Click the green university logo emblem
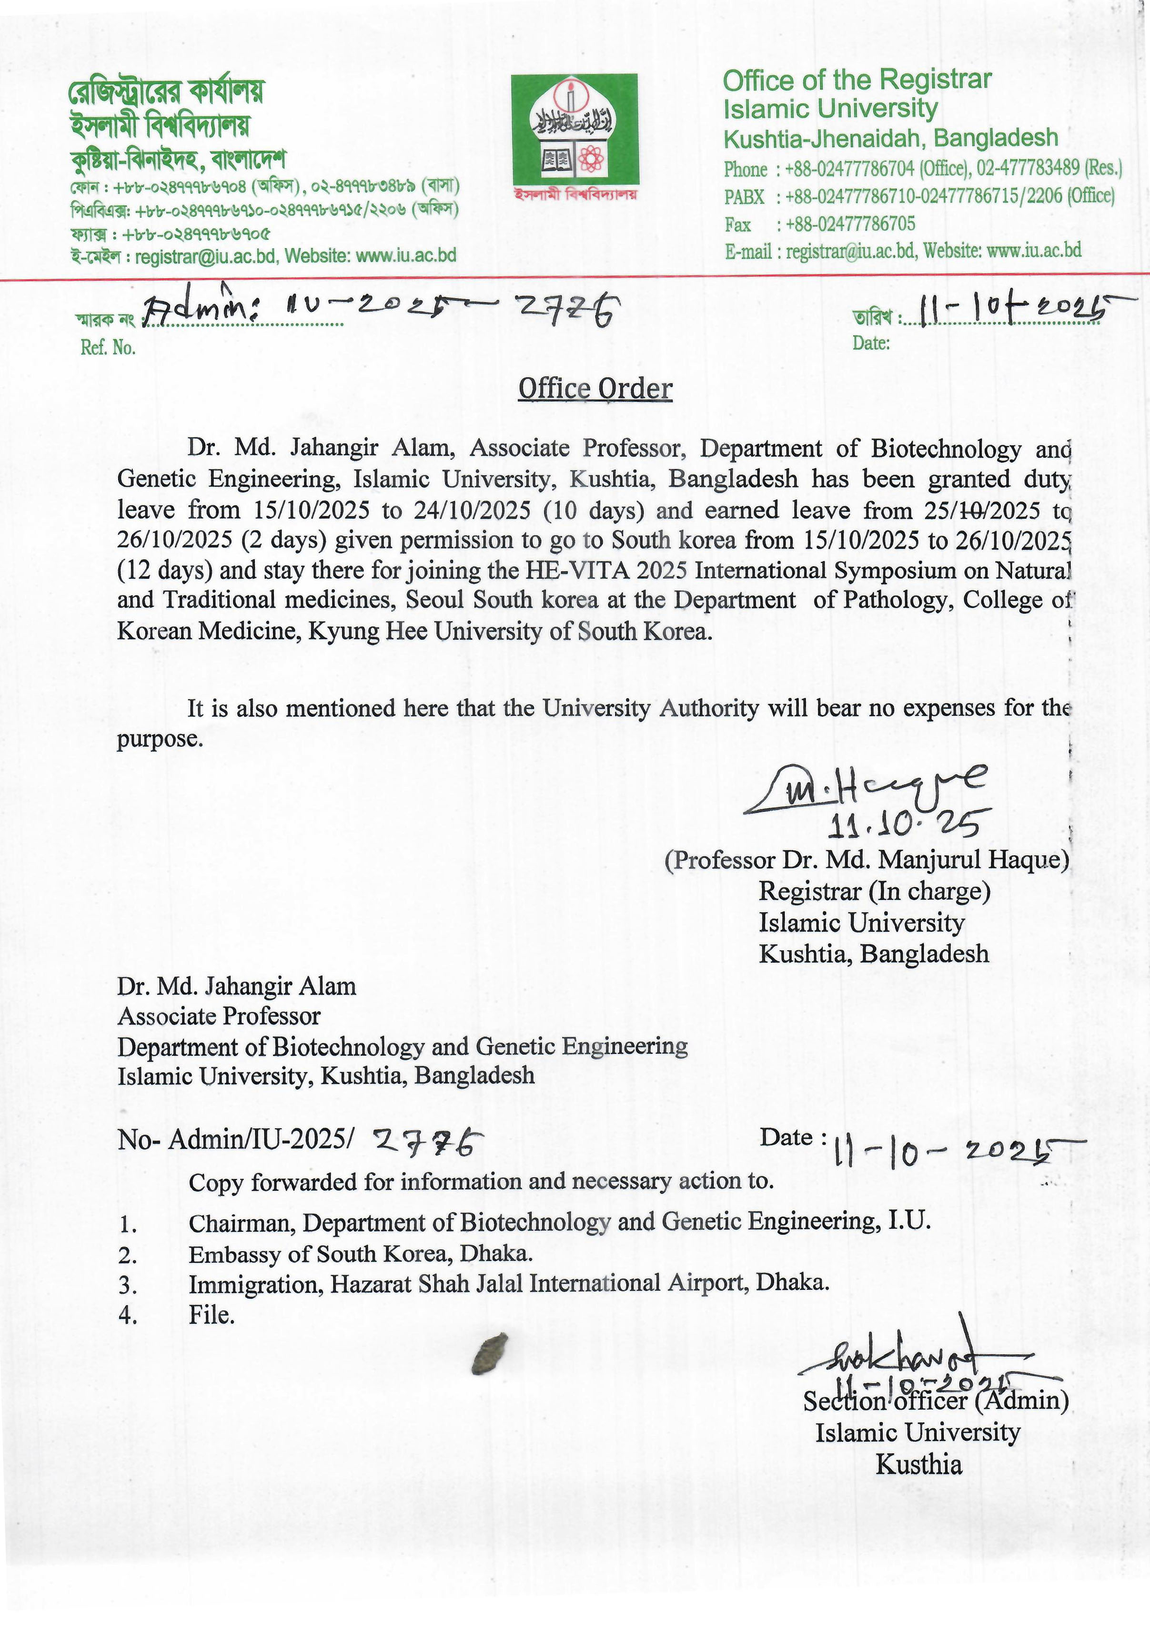pos(574,131)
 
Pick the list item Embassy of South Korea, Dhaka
pos(361,1253)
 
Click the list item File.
pos(212,1315)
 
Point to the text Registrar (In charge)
pos(874,891)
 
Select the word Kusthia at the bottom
pos(918,1463)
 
